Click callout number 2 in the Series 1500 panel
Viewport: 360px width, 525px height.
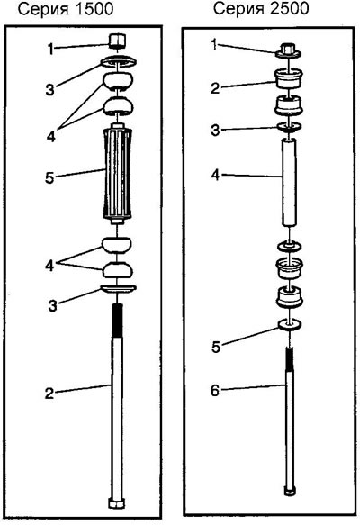[49, 393]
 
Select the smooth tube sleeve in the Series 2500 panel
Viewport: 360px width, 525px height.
[289, 187]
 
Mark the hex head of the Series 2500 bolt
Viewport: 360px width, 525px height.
[289, 491]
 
